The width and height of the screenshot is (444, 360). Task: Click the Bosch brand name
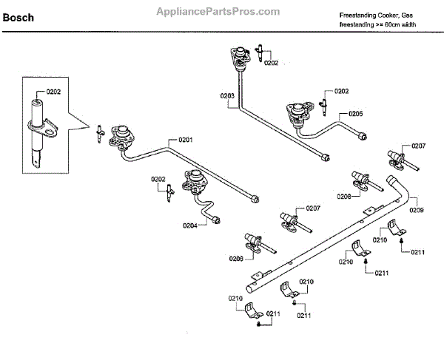pos(18,17)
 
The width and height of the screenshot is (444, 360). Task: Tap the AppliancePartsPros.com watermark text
pos(218,12)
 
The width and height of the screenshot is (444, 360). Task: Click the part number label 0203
pos(227,96)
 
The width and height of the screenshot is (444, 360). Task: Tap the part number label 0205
pos(355,114)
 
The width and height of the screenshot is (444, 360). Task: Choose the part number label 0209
pos(417,211)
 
